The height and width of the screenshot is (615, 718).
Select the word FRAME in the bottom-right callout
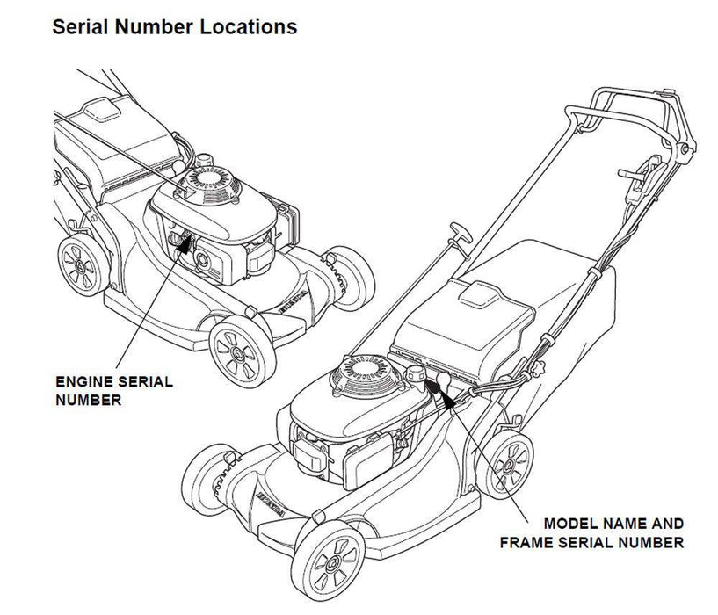524,543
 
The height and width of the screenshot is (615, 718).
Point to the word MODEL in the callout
572,523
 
